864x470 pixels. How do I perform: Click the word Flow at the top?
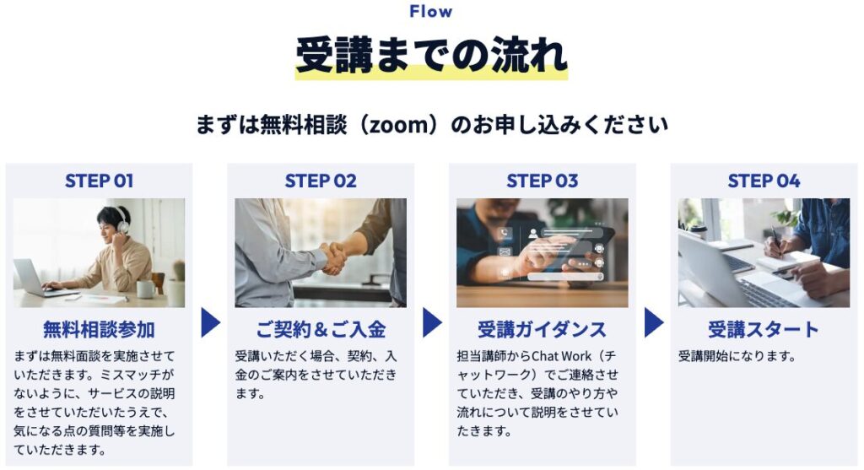(x=431, y=11)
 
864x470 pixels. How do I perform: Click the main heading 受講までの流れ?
(x=431, y=55)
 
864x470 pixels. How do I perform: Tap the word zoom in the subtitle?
(x=398, y=125)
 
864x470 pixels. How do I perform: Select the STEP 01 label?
(x=100, y=181)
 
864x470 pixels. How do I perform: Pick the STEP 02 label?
(x=321, y=181)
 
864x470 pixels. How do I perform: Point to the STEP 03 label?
(x=543, y=181)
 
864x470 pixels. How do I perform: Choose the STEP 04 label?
(x=764, y=181)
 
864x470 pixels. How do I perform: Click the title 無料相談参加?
(x=100, y=329)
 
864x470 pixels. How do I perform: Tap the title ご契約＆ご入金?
(x=321, y=329)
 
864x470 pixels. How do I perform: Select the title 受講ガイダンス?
(x=543, y=329)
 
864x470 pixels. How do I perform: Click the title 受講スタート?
(x=764, y=329)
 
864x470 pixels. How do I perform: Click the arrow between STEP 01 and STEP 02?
(x=210, y=322)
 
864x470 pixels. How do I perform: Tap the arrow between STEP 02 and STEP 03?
(x=432, y=322)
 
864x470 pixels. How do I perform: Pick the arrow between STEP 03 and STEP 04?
(x=654, y=322)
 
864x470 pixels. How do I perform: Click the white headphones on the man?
(x=122, y=220)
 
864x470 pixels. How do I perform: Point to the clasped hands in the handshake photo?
(x=333, y=258)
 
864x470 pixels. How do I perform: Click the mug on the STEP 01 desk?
(x=145, y=289)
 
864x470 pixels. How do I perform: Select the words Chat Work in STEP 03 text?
(x=561, y=356)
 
